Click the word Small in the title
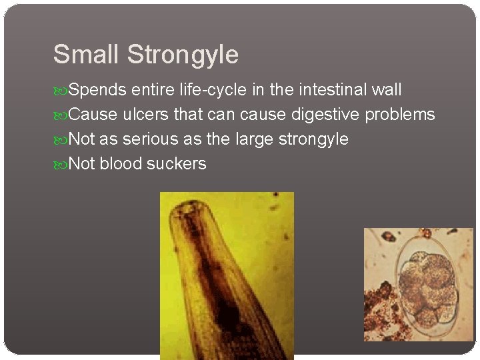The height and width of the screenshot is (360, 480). tap(87, 54)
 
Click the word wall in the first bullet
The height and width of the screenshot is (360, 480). tap(387, 90)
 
